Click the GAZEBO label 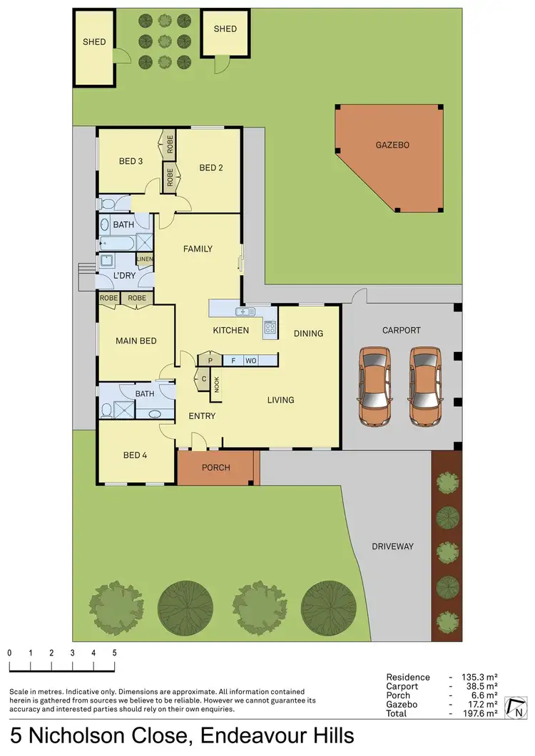pos(392,145)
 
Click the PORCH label pos(215,468)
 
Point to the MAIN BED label pos(136,341)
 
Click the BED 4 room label pos(135,455)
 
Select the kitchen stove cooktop pos(270,328)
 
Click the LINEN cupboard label pos(145,259)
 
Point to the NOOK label pos(216,383)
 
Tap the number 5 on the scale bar pos(114,653)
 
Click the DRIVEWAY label pos(392,547)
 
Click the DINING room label pos(308,333)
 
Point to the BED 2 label pos(211,168)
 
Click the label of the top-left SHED pos(94,42)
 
